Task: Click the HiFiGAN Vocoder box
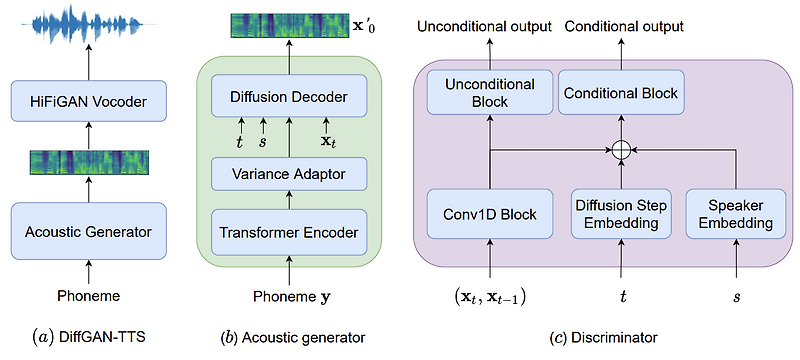click(87, 101)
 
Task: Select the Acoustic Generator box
click(87, 232)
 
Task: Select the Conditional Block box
click(621, 93)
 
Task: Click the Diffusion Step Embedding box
click(621, 213)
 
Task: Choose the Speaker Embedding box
click(737, 213)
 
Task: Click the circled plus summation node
click(621, 151)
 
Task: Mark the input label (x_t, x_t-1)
click(488, 297)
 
